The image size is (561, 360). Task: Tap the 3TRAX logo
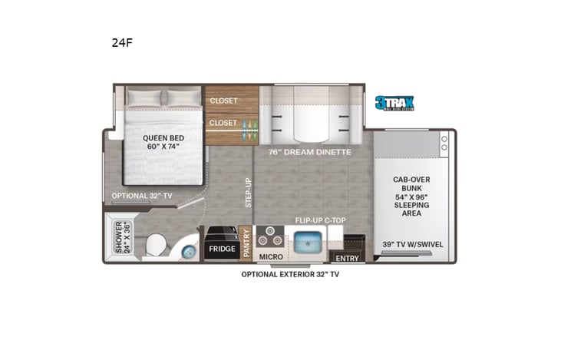tap(394, 103)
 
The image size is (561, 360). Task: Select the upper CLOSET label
tap(223, 101)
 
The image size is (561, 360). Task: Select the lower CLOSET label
tap(223, 122)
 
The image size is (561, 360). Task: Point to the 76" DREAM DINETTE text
tap(309, 152)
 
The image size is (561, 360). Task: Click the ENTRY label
tap(347, 258)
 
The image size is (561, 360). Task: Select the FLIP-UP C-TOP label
tap(320, 220)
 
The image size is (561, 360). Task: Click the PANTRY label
tap(246, 243)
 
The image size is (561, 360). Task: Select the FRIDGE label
tap(221, 249)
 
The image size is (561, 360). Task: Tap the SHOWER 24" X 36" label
tap(118, 238)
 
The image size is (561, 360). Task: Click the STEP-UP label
tap(246, 193)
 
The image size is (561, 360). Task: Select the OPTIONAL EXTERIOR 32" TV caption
tap(289, 274)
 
